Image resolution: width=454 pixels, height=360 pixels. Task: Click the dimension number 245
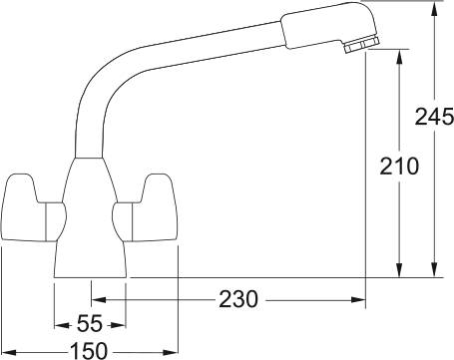432,117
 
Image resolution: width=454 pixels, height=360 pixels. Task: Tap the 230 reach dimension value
238,298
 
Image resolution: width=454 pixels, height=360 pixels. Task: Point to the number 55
89,325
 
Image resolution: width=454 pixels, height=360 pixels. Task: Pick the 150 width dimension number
90,350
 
